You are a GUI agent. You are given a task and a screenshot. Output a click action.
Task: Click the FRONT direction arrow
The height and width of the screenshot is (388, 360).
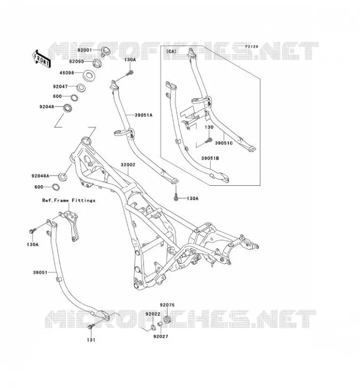[x=42, y=59]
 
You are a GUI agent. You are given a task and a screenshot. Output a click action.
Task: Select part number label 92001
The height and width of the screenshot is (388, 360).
[x=85, y=50]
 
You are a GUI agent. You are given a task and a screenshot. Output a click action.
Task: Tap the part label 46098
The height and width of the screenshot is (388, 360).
[x=66, y=73]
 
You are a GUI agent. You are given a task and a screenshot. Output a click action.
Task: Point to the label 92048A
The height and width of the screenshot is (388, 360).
[x=40, y=176]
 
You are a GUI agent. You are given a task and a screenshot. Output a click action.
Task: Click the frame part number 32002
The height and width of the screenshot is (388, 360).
[x=128, y=165]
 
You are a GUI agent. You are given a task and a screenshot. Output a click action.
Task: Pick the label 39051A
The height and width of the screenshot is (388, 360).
[x=144, y=115]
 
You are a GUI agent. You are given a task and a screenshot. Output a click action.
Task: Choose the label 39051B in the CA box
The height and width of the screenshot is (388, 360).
[x=210, y=159]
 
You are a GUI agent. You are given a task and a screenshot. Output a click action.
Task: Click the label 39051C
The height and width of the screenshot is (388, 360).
[x=224, y=143]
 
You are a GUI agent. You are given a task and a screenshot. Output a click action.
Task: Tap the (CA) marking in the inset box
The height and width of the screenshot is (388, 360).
[x=171, y=51]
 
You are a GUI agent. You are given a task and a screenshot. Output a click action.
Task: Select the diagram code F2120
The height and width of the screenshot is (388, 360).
[x=252, y=47]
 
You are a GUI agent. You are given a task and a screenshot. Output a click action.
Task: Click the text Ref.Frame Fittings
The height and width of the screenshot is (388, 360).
[x=68, y=200]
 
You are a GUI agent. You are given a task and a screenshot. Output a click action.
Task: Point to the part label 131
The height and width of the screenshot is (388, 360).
[x=91, y=340]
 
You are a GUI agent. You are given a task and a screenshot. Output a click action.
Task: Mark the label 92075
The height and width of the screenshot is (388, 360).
[x=167, y=305]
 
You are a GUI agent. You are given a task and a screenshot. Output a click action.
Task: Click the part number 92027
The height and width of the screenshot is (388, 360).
[x=161, y=337]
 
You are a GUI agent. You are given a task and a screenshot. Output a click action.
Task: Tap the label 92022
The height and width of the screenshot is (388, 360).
[x=153, y=314]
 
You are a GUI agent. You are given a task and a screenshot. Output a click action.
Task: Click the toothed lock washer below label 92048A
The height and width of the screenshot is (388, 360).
[x=56, y=187]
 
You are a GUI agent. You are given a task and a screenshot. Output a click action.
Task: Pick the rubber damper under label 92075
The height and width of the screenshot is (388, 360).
[x=167, y=320]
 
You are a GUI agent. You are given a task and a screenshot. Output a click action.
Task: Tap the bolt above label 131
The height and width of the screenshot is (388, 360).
[x=91, y=326]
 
